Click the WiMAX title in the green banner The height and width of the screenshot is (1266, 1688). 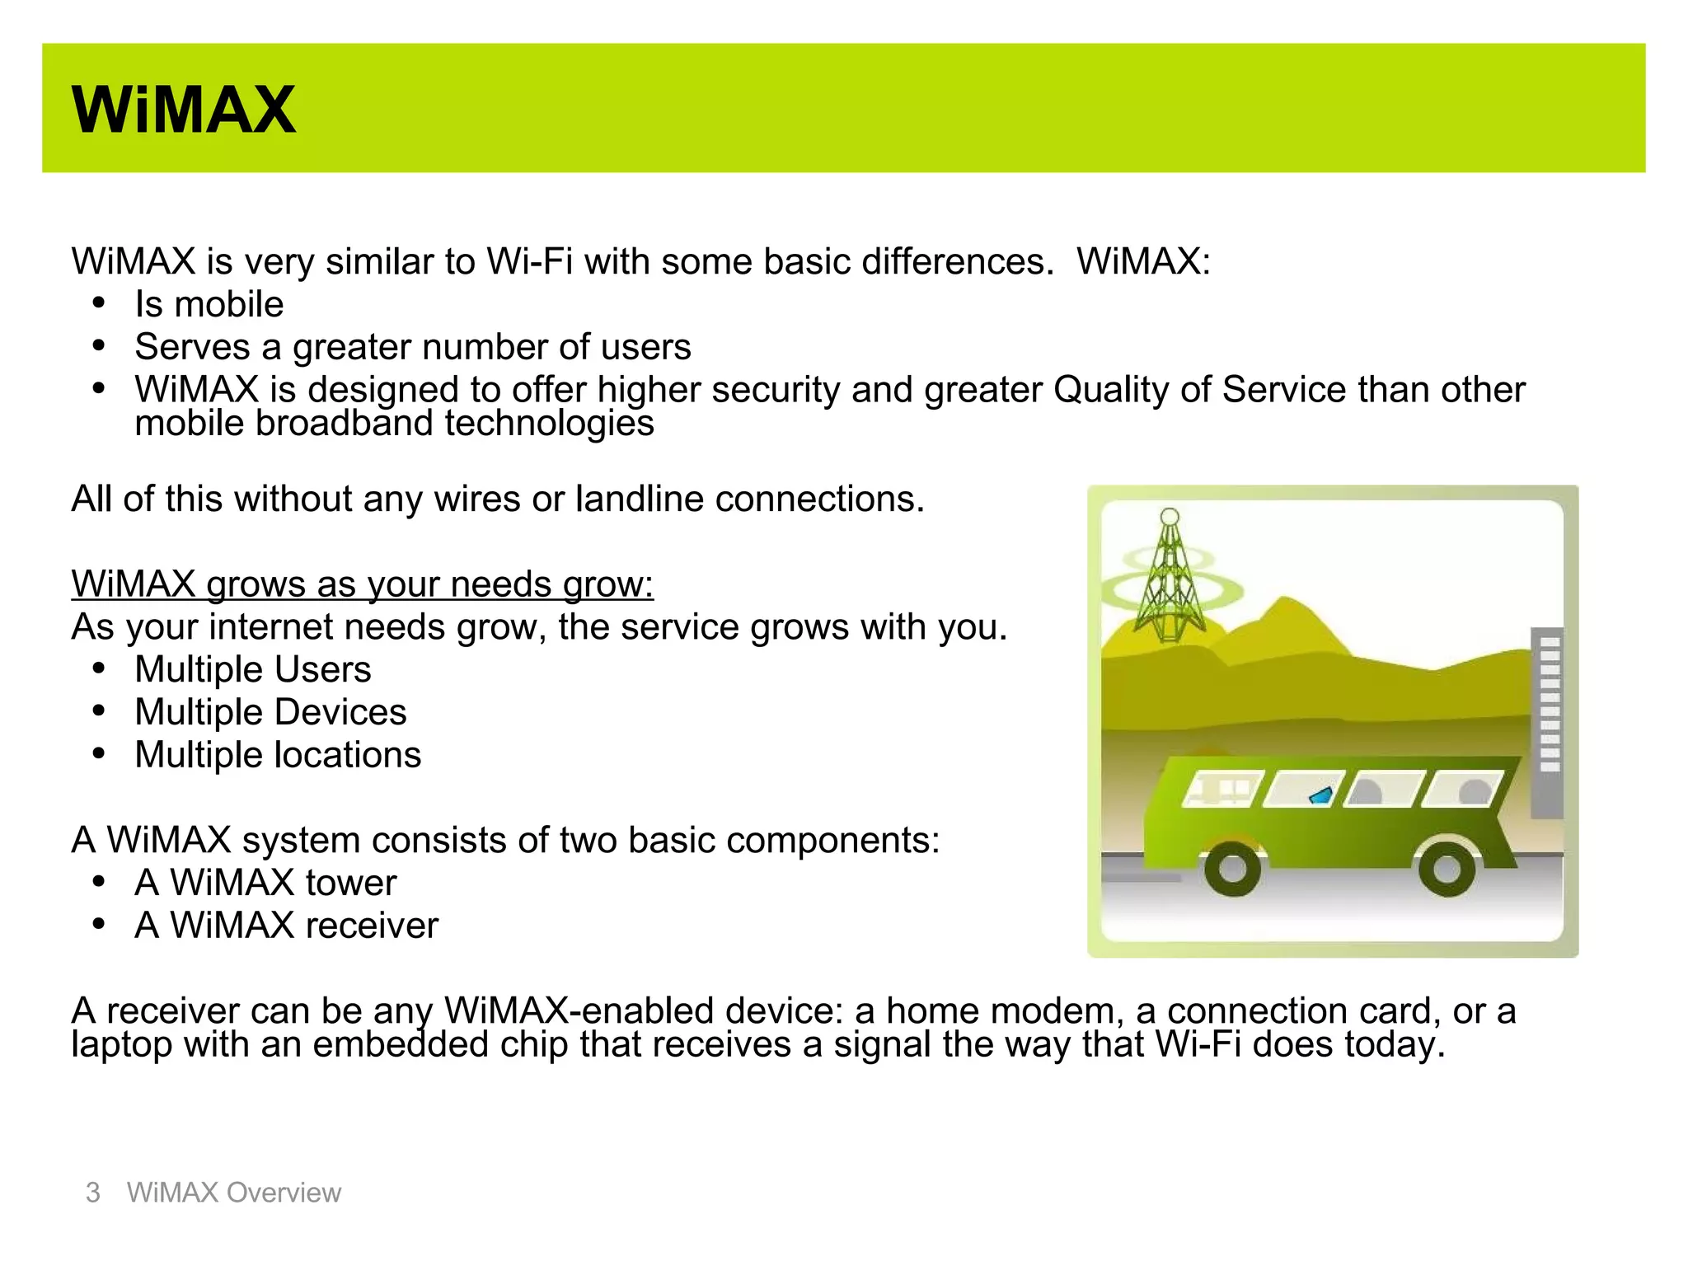click(x=183, y=110)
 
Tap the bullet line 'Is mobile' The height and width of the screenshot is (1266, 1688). click(x=209, y=305)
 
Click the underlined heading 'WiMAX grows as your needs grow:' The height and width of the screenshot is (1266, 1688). click(x=362, y=584)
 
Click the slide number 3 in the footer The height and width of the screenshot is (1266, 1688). click(x=93, y=1193)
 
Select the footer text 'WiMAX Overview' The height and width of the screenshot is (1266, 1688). click(x=233, y=1193)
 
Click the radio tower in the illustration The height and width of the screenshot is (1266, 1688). click(x=1169, y=577)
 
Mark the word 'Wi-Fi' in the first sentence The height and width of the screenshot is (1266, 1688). click(x=529, y=262)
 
